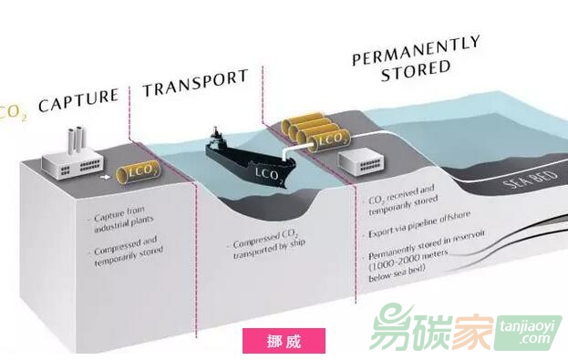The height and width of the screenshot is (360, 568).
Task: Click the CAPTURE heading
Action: coord(79,96)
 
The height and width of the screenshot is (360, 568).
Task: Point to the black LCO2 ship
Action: coord(245,164)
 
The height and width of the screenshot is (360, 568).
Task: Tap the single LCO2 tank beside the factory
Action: coord(139,172)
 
